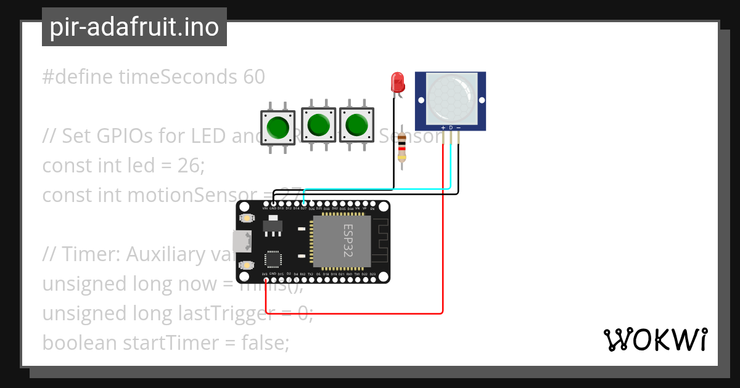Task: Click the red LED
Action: (x=397, y=83)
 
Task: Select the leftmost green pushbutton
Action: (x=277, y=127)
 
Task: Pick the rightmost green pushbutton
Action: (x=356, y=124)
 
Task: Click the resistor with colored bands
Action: (x=402, y=148)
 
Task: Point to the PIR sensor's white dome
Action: (x=450, y=96)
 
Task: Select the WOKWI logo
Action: (x=655, y=339)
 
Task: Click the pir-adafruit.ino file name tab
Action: (x=134, y=27)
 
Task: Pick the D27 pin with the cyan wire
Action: (x=303, y=203)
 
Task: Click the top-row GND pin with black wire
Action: (x=273, y=203)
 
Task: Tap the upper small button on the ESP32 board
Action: (x=247, y=218)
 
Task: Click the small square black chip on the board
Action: (x=273, y=259)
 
